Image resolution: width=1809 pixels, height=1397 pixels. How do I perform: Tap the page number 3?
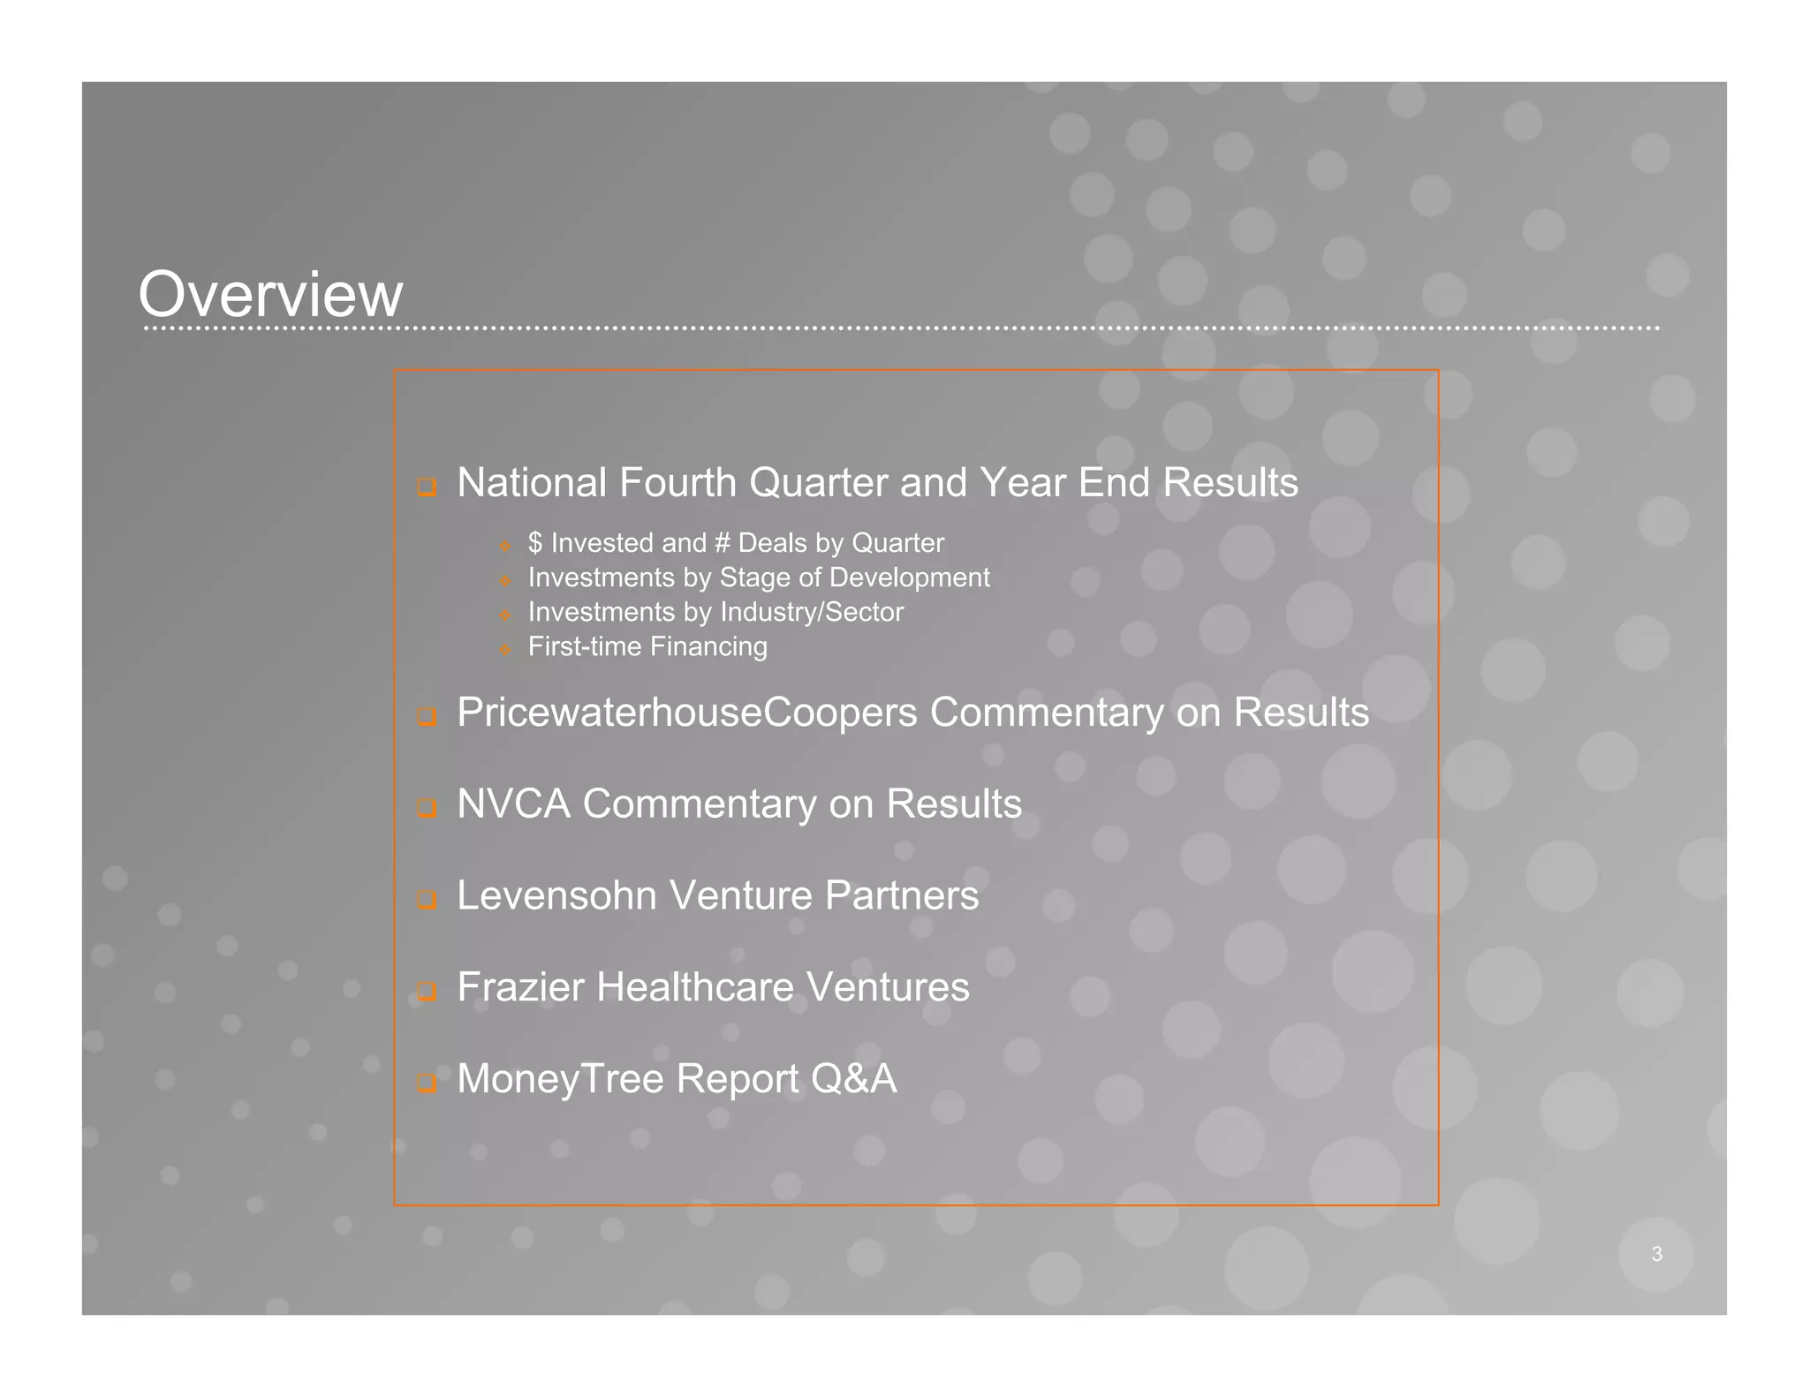pyautogui.click(x=1656, y=1254)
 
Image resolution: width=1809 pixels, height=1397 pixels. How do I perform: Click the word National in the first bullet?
pyautogui.click(x=533, y=483)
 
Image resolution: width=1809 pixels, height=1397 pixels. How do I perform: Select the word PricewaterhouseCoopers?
pyautogui.click(x=686, y=713)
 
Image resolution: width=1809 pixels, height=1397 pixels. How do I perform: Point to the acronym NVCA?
pyautogui.click(x=513, y=804)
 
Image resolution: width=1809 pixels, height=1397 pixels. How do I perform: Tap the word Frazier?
pyautogui.click(x=520, y=987)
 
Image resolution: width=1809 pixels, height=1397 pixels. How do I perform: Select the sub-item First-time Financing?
pyautogui.click(x=647, y=646)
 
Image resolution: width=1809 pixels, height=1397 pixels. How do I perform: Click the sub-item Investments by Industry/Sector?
pyautogui.click(x=715, y=612)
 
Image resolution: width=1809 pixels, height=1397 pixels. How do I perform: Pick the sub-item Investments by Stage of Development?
pyautogui.click(x=759, y=578)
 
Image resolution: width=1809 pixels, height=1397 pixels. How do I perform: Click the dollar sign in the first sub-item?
pyautogui.click(x=534, y=543)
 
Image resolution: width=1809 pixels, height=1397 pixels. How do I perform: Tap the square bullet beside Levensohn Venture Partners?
pyautogui.click(x=427, y=900)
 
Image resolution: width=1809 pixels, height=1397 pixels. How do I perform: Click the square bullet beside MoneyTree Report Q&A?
pyautogui.click(x=427, y=1083)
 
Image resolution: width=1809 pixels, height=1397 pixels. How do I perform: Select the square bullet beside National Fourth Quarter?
pyautogui.click(x=427, y=487)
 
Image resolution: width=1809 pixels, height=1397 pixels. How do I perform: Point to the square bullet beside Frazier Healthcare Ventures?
pyautogui.click(x=427, y=992)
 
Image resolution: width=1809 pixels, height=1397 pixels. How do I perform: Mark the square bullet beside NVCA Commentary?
pyautogui.click(x=427, y=808)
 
